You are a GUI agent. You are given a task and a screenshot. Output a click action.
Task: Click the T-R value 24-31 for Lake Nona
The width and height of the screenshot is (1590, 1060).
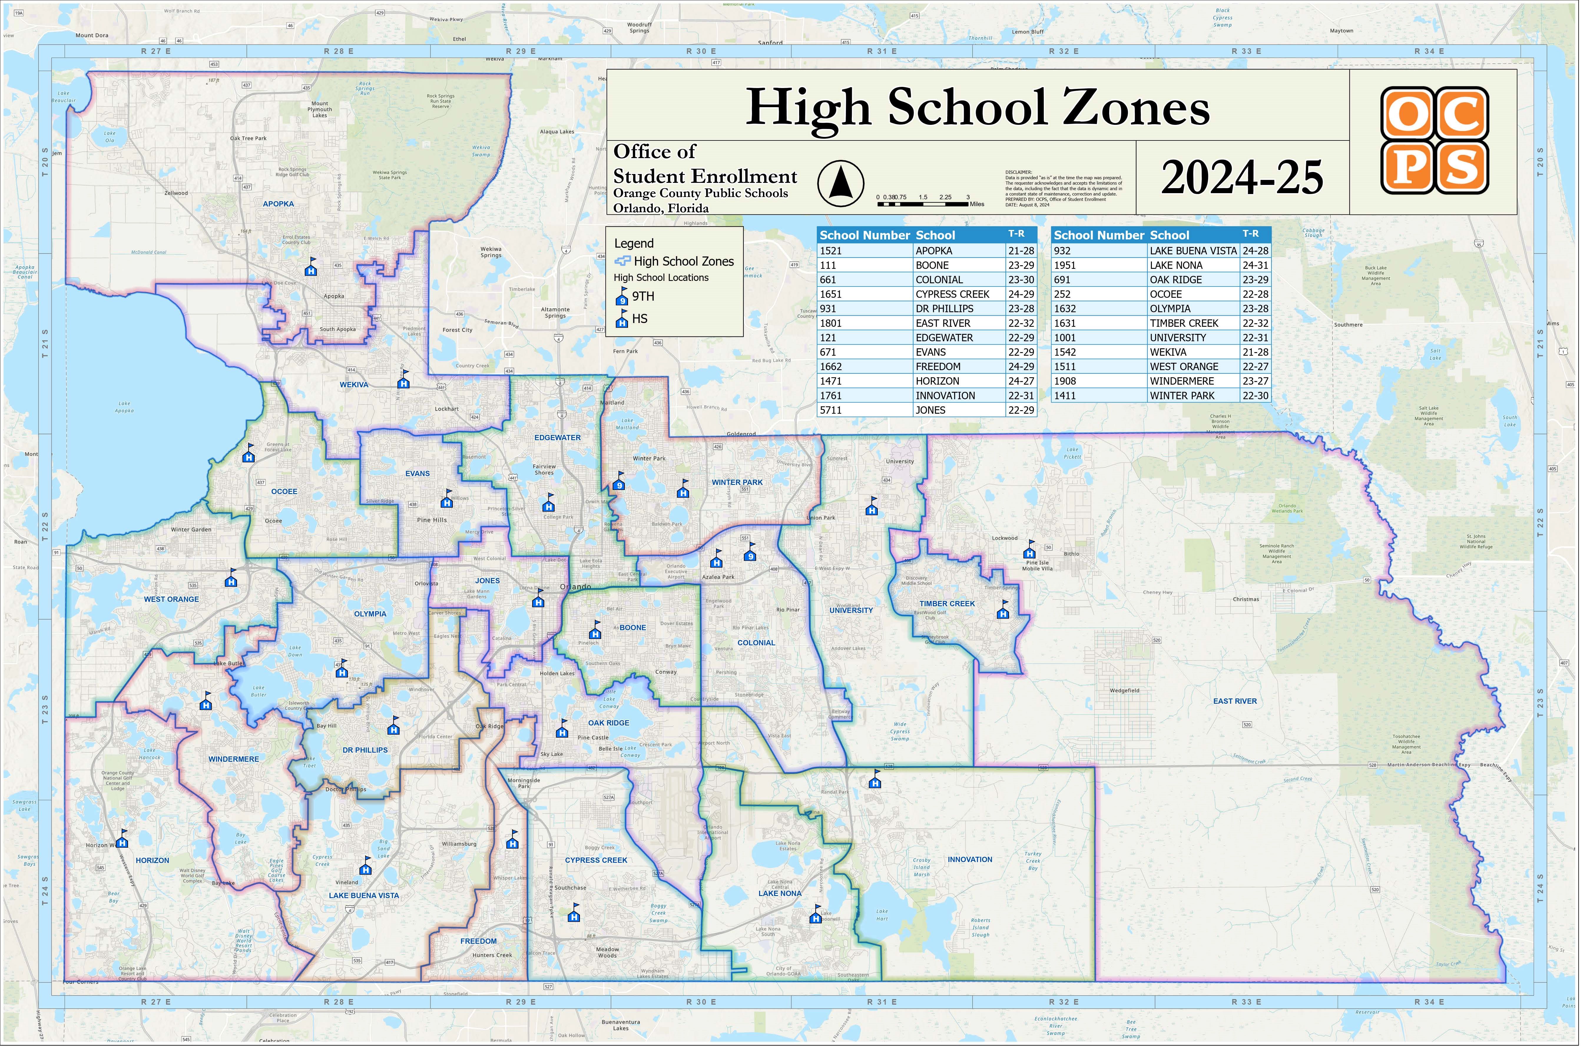point(1263,267)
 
